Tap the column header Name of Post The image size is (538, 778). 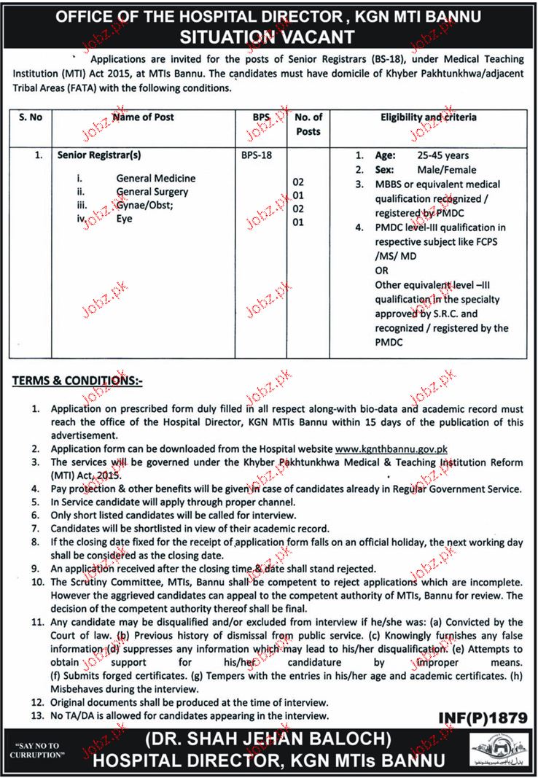click(x=144, y=117)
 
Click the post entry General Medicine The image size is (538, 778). click(x=155, y=178)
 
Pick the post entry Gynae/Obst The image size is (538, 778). click(x=143, y=206)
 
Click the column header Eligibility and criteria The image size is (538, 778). click(x=429, y=117)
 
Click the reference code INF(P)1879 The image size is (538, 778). click(x=482, y=718)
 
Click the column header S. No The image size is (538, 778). click(x=32, y=117)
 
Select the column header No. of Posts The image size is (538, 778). click(x=308, y=124)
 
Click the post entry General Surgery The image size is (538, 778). click(x=152, y=192)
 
